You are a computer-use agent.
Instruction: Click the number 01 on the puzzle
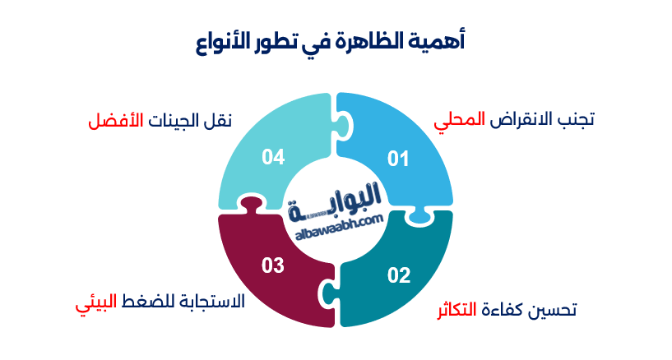398,159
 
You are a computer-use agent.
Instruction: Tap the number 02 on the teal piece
399,275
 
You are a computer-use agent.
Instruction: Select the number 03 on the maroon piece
272,265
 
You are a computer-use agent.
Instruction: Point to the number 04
273,157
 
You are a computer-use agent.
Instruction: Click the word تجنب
575,119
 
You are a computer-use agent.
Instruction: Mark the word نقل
218,120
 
